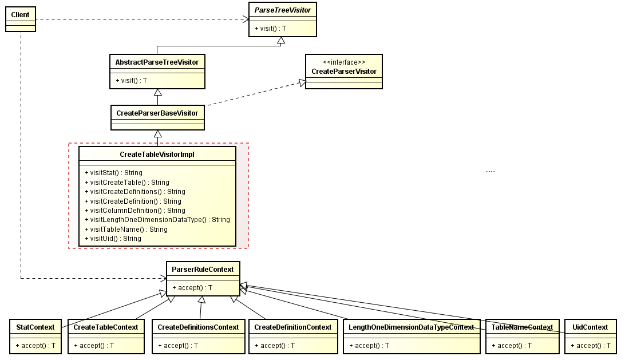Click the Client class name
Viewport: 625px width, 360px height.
point(20,14)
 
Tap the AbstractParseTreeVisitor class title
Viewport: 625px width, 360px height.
point(157,62)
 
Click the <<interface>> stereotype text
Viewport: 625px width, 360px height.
point(344,62)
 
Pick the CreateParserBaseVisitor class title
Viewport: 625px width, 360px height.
point(157,113)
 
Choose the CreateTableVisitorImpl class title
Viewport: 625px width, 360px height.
point(157,155)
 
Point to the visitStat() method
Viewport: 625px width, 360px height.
point(113,172)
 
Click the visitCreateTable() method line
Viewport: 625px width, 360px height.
point(126,182)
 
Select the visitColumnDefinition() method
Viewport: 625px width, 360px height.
point(135,211)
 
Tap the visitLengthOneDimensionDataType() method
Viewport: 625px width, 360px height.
point(157,220)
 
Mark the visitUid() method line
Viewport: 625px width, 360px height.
point(112,239)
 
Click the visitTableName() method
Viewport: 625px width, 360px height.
point(126,230)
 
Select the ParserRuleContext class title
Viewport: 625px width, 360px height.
point(203,270)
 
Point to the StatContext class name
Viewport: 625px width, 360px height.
point(35,327)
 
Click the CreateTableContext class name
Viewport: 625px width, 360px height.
point(105,327)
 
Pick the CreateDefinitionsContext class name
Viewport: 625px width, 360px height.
point(198,327)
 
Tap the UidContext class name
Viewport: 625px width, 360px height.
point(590,327)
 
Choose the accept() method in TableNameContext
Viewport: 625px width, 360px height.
point(512,346)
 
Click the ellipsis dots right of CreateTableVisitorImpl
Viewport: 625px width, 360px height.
point(490,171)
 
